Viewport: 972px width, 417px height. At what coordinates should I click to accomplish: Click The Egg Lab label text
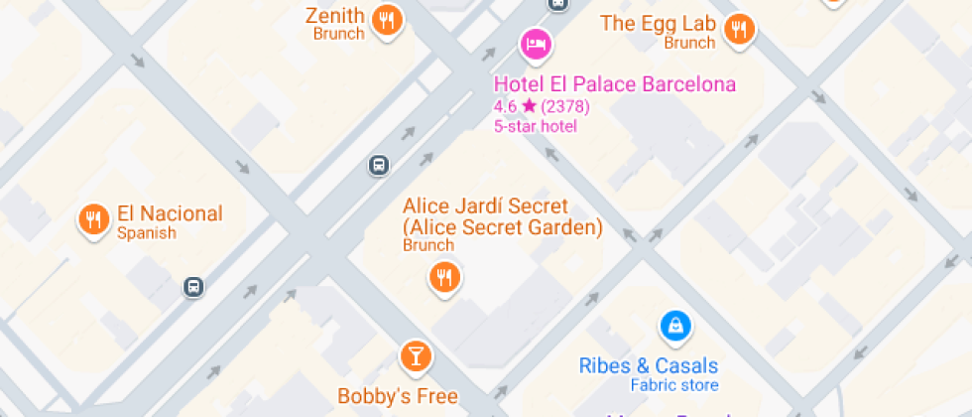point(658,24)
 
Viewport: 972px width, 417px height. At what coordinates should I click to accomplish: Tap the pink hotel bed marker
point(536,43)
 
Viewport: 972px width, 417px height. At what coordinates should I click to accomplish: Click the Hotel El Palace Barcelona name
point(615,84)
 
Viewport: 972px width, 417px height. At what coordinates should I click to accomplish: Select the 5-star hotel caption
point(535,126)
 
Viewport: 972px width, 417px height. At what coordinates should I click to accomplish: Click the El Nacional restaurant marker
point(93,219)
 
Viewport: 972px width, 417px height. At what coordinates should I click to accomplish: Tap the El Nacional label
point(170,212)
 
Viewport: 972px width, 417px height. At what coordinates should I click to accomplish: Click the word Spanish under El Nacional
point(146,233)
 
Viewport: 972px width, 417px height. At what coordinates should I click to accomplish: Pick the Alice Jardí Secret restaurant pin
point(444,277)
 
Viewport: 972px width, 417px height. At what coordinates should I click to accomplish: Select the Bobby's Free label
point(397,396)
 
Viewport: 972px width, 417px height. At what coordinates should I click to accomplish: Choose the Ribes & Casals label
point(649,365)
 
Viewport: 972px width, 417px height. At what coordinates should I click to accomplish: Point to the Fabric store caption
point(674,385)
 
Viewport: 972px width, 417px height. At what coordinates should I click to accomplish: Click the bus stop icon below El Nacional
point(194,287)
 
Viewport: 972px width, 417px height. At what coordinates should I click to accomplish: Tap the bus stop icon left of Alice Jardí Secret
point(378,165)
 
